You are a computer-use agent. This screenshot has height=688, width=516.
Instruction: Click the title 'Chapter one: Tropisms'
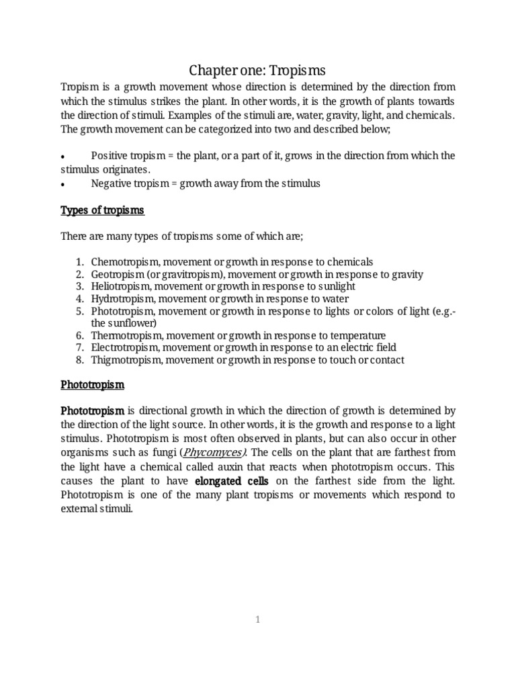pos(257,69)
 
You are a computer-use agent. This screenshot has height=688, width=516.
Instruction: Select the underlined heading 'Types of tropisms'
pos(102,210)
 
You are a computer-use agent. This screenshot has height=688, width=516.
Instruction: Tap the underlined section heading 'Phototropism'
pos(92,386)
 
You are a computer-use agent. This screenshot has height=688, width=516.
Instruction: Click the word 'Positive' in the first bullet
pos(110,156)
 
